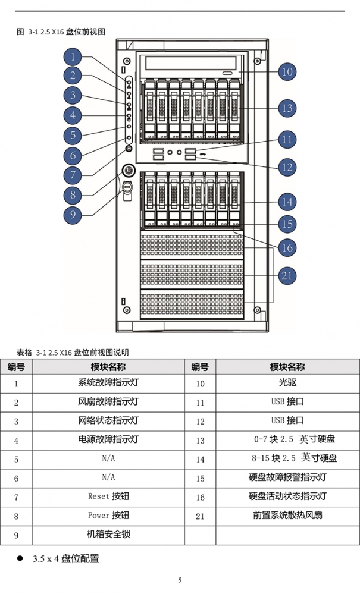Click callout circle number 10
[x=287, y=71]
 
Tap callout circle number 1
[x=73, y=57]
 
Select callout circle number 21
[x=287, y=275]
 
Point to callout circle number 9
[x=73, y=215]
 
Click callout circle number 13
[x=287, y=108]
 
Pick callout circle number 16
[x=287, y=248]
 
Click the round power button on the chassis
[x=129, y=170]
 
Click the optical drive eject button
[x=228, y=73]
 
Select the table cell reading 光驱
[x=287, y=384]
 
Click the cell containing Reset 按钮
[x=109, y=496]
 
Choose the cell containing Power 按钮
[x=109, y=516]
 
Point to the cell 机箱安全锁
[x=109, y=535]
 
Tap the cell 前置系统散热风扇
[x=287, y=516]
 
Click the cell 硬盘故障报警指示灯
[x=287, y=477]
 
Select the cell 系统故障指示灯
[x=109, y=384]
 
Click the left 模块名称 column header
[x=108, y=367]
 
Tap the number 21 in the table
[x=200, y=516]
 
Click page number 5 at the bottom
[x=180, y=580]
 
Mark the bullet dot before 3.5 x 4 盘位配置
[x=20, y=558]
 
